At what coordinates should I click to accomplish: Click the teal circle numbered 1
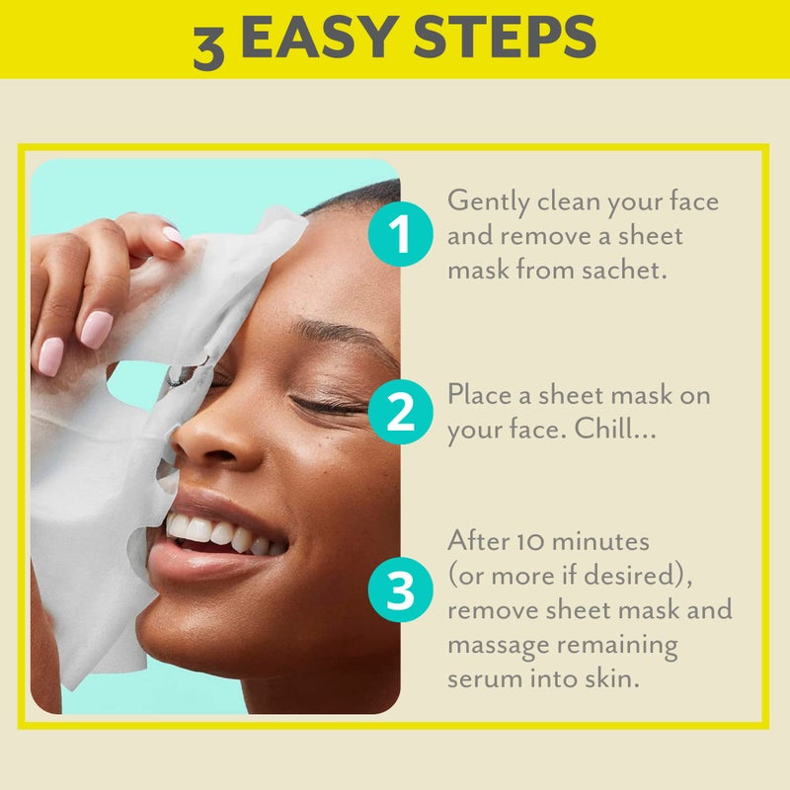[x=399, y=235]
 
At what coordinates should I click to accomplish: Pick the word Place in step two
[x=480, y=395]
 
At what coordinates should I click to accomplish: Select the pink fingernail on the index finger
[x=96, y=329]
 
